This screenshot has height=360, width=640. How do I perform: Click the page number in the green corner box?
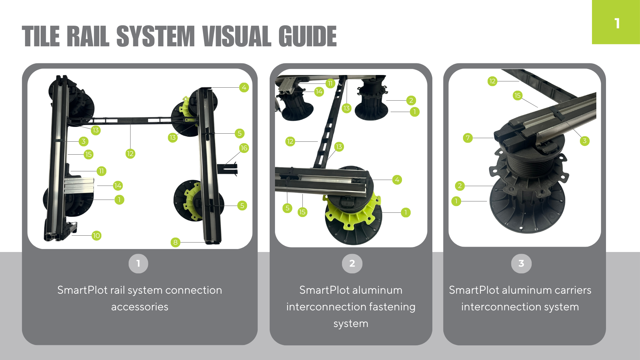(617, 23)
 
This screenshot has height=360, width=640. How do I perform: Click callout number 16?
(244, 148)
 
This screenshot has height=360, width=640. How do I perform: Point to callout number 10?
(96, 236)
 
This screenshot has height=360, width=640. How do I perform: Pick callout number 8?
(175, 242)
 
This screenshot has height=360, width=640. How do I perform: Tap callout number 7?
(468, 138)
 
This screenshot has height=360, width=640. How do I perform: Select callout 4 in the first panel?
(244, 87)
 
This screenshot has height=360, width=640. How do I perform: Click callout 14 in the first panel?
(118, 186)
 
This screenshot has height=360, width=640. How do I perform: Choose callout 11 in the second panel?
(330, 83)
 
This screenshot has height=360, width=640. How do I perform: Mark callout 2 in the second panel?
(411, 100)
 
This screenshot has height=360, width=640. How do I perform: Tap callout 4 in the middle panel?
(397, 180)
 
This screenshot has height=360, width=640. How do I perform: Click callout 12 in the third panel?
(492, 81)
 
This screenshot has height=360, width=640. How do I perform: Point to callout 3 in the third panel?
(584, 141)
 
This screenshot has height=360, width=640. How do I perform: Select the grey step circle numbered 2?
(352, 263)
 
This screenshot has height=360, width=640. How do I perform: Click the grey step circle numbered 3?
(521, 263)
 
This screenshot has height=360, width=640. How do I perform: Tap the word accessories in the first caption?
(140, 307)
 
